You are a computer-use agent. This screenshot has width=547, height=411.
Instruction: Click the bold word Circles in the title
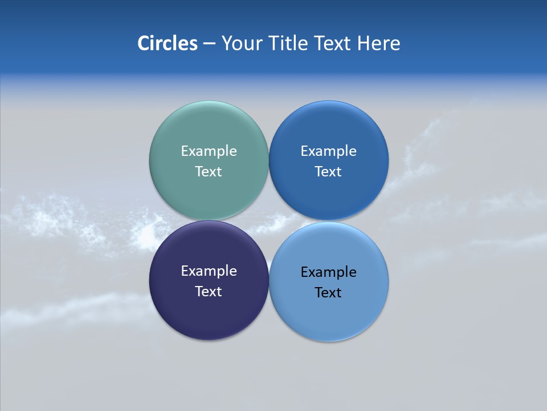click(x=167, y=43)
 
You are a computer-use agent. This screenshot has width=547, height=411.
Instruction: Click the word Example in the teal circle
click(x=209, y=151)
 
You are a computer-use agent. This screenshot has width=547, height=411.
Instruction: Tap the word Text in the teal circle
click(x=209, y=172)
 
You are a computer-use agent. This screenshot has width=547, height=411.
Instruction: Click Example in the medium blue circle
click(x=329, y=151)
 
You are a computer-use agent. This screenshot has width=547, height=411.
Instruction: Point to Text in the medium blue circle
click(x=329, y=172)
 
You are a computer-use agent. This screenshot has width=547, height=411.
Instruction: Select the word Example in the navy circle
click(x=209, y=271)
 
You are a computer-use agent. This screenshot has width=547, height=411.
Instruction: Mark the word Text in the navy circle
click(x=209, y=292)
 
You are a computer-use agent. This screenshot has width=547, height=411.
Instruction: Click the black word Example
click(x=329, y=272)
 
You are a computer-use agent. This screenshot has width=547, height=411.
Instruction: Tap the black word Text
click(x=329, y=293)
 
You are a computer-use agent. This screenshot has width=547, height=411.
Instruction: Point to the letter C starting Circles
click(x=143, y=43)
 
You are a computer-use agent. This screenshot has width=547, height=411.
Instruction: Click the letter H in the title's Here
click(x=364, y=43)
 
